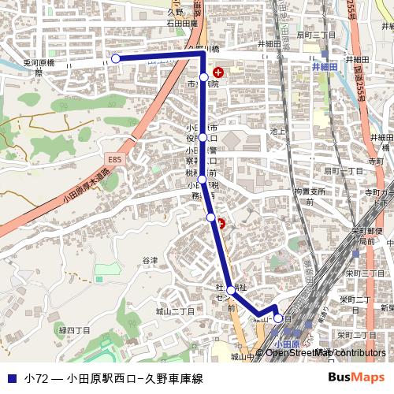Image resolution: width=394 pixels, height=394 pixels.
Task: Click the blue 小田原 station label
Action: click(x=288, y=344)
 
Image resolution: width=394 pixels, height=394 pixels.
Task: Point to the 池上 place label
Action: click(x=276, y=131)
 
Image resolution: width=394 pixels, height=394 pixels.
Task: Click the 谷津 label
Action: click(x=150, y=260)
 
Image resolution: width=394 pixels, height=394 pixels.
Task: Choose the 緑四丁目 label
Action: click(x=74, y=331)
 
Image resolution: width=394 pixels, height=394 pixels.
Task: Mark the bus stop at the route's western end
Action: click(x=116, y=58)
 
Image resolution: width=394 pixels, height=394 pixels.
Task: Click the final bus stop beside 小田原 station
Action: click(x=278, y=318)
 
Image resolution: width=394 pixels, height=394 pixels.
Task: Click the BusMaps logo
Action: click(x=356, y=377)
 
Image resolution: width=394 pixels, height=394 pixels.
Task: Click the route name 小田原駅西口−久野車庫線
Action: click(x=134, y=378)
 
